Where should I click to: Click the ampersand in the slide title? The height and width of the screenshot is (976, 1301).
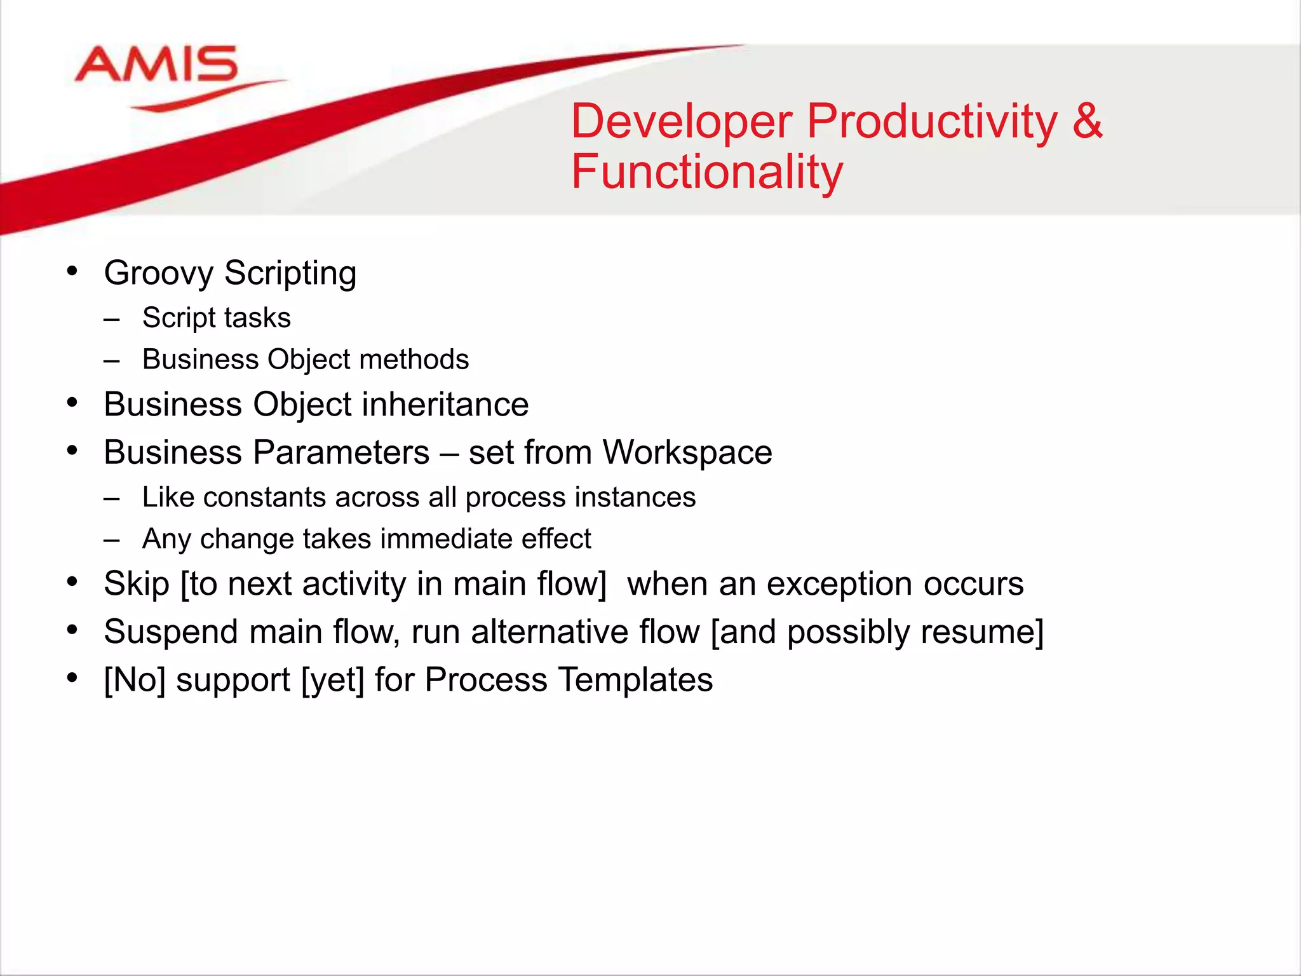pos(1087,121)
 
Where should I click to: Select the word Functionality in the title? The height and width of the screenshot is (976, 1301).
pos(706,172)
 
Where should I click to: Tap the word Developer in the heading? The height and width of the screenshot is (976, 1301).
pos(682,121)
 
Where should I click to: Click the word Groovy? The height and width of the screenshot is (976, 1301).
pos(159,273)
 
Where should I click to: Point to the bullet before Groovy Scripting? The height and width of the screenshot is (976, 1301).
pos(72,271)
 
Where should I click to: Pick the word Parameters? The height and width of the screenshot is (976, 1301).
pos(341,452)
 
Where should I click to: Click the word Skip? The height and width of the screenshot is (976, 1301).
pos(136,584)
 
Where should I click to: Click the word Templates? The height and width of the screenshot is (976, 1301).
pos(635,680)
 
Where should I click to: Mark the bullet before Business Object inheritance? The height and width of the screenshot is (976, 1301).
pos(72,403)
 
